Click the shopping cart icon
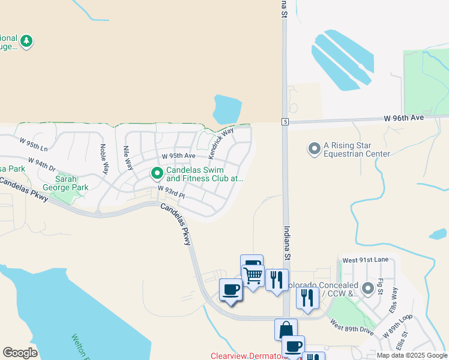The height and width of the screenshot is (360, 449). pyautogui.click(x=253, y=276)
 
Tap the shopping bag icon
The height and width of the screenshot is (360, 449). pyautogui.click(x=286, y=329)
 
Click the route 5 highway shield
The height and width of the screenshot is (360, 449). pyautogui.click(x=284, y=122)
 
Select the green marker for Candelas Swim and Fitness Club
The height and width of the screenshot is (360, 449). pyautogui.click(x=157, y=173)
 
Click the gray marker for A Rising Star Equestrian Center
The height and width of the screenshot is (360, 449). pyautogui.click(x=314, y=148)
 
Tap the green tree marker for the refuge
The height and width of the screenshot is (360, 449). pyautogui.click(x=26, y=41)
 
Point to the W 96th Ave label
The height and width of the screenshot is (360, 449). pyautogui.click(x=404, y=118)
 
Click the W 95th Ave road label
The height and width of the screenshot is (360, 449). pyautogui.click(x=173, y=156)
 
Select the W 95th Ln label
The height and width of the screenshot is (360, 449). pyautogui.click(x=33, y=145)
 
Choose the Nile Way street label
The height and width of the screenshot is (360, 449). pyautogui.click(x=127, y=157)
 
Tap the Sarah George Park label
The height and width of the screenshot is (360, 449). pyautogui.click(x=71, y=183)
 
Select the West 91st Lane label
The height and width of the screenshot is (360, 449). pyautogui.click(x=366, y=260)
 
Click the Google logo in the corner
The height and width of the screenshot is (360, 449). pyautogui.click(x=20, y=353)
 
